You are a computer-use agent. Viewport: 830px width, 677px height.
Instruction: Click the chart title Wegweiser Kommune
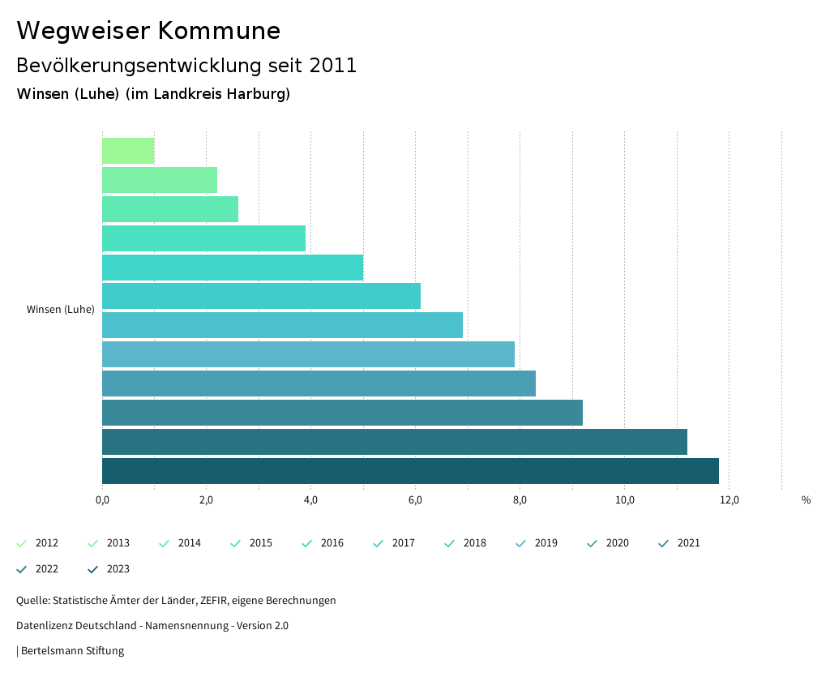(x=148, y=31)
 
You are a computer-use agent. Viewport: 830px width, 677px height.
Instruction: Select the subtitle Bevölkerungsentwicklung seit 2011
(x=186, y=66)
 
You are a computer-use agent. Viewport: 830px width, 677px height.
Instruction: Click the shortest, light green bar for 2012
(x=128, y=151)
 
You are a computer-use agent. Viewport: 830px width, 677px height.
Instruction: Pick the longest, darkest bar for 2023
(x=410, y=471)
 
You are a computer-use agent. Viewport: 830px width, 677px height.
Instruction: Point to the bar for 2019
(x=308, y=354)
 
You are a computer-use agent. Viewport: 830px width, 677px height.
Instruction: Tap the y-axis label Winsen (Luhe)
(x=61, y=310)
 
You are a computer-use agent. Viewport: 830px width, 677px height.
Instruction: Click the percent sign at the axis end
(x=806, y=500)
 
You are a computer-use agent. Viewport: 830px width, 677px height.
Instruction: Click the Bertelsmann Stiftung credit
(x=72, y=651)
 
